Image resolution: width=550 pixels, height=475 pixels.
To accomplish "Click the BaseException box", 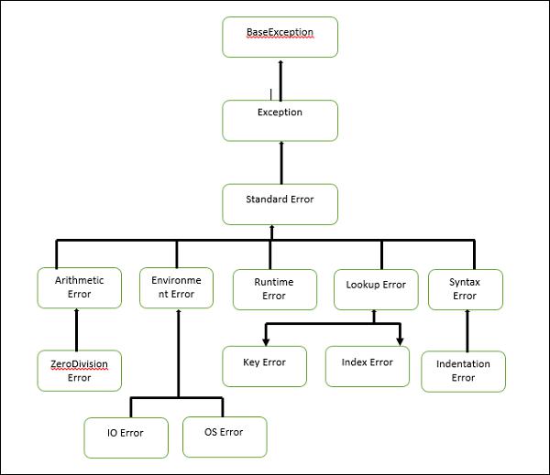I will pyautogui.click(x=280, y=37).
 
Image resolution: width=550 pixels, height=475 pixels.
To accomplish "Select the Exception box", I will pyautogui.click(x=280, y=120).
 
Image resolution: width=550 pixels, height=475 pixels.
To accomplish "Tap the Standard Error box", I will pyautogui.click(x=280, y=204).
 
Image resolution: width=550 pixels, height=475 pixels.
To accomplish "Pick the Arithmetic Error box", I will pyautogui.click(x=79, y=288).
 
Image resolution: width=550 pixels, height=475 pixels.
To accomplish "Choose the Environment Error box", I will pyautogui.click(x=176, y=288).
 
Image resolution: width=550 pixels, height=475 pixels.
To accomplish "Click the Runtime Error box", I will pyautogui.click(x=273, y=288).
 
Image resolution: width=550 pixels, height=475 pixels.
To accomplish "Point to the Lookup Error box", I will pyautogui.click(x=376, y=288).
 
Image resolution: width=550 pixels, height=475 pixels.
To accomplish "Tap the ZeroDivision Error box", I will pyautogui.click(x=79, y=370).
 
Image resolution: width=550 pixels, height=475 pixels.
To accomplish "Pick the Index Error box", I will pyautogui.click(x=367, y=365).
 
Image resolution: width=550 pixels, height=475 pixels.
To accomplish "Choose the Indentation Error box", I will pyautogui.click(x=464, y=371).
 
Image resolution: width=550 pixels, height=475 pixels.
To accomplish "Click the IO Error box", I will pyautogui.click(x=126, y=437).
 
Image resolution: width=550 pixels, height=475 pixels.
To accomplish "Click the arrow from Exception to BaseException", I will pyautogui.click(x=280, y=80).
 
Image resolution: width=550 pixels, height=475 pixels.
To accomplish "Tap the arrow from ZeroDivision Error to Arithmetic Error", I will pyautogui.click(x=77, y=329).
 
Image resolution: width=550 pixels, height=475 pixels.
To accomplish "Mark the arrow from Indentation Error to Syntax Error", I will pyautogui.click(x=468, y=329).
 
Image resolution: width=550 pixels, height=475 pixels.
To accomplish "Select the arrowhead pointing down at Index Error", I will pyautogui.click(x=400, y=340).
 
